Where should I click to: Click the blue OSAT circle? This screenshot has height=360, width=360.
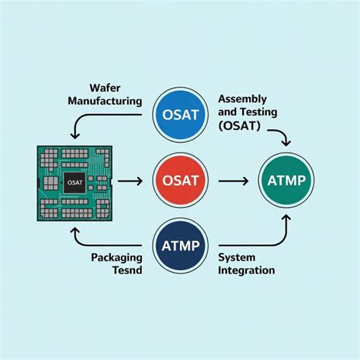(179, 115)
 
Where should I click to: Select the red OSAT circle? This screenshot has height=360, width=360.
(179, 181)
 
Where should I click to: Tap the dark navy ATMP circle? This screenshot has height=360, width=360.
(179, 245)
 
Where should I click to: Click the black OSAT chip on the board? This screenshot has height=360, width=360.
(74, 182)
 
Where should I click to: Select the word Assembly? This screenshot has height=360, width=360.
(242, 99)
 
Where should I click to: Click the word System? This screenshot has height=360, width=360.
(236, 257)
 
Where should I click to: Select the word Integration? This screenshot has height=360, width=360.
(246, 270)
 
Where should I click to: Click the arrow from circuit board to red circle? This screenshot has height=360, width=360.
(130, 181)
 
